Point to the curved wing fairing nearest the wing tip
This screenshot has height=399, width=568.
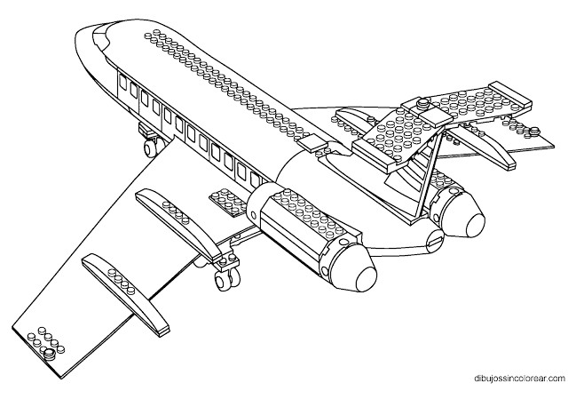point(119,284)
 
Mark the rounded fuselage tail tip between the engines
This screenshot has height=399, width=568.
point(435,236)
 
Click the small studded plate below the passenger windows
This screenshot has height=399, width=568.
point(223,202)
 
